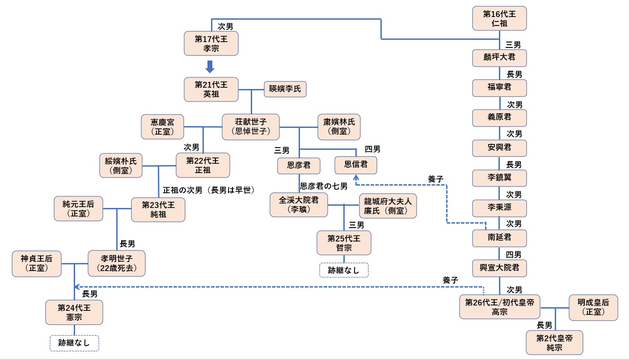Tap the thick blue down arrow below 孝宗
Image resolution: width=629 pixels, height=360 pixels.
(211, 67)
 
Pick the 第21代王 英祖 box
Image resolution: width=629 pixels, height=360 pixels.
(211, 89)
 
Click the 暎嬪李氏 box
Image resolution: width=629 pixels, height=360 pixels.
(285, 89)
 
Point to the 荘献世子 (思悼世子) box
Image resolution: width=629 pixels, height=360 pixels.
(251, 126)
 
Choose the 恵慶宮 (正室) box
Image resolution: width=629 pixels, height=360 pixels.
(163, 126)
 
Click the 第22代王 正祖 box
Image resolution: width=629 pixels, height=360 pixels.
(203, 165)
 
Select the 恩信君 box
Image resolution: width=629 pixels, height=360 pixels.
(356, 165)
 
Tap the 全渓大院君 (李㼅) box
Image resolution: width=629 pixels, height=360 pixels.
(299, 205)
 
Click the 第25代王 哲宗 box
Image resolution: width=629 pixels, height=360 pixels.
(344, 243)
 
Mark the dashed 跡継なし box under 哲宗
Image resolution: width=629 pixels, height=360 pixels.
(344, 270)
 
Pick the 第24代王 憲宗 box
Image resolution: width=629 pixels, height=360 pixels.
(74, 312)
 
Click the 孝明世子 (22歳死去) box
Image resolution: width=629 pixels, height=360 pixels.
(117, 263)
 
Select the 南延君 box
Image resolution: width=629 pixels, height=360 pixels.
(499, 238)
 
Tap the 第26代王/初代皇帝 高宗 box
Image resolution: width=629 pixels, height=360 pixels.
(499, 307)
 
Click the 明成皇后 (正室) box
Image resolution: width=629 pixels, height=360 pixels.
(593, 307)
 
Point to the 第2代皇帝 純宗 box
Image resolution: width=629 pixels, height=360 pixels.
(554, 342)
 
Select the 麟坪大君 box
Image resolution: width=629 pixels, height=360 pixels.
(499, 58)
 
